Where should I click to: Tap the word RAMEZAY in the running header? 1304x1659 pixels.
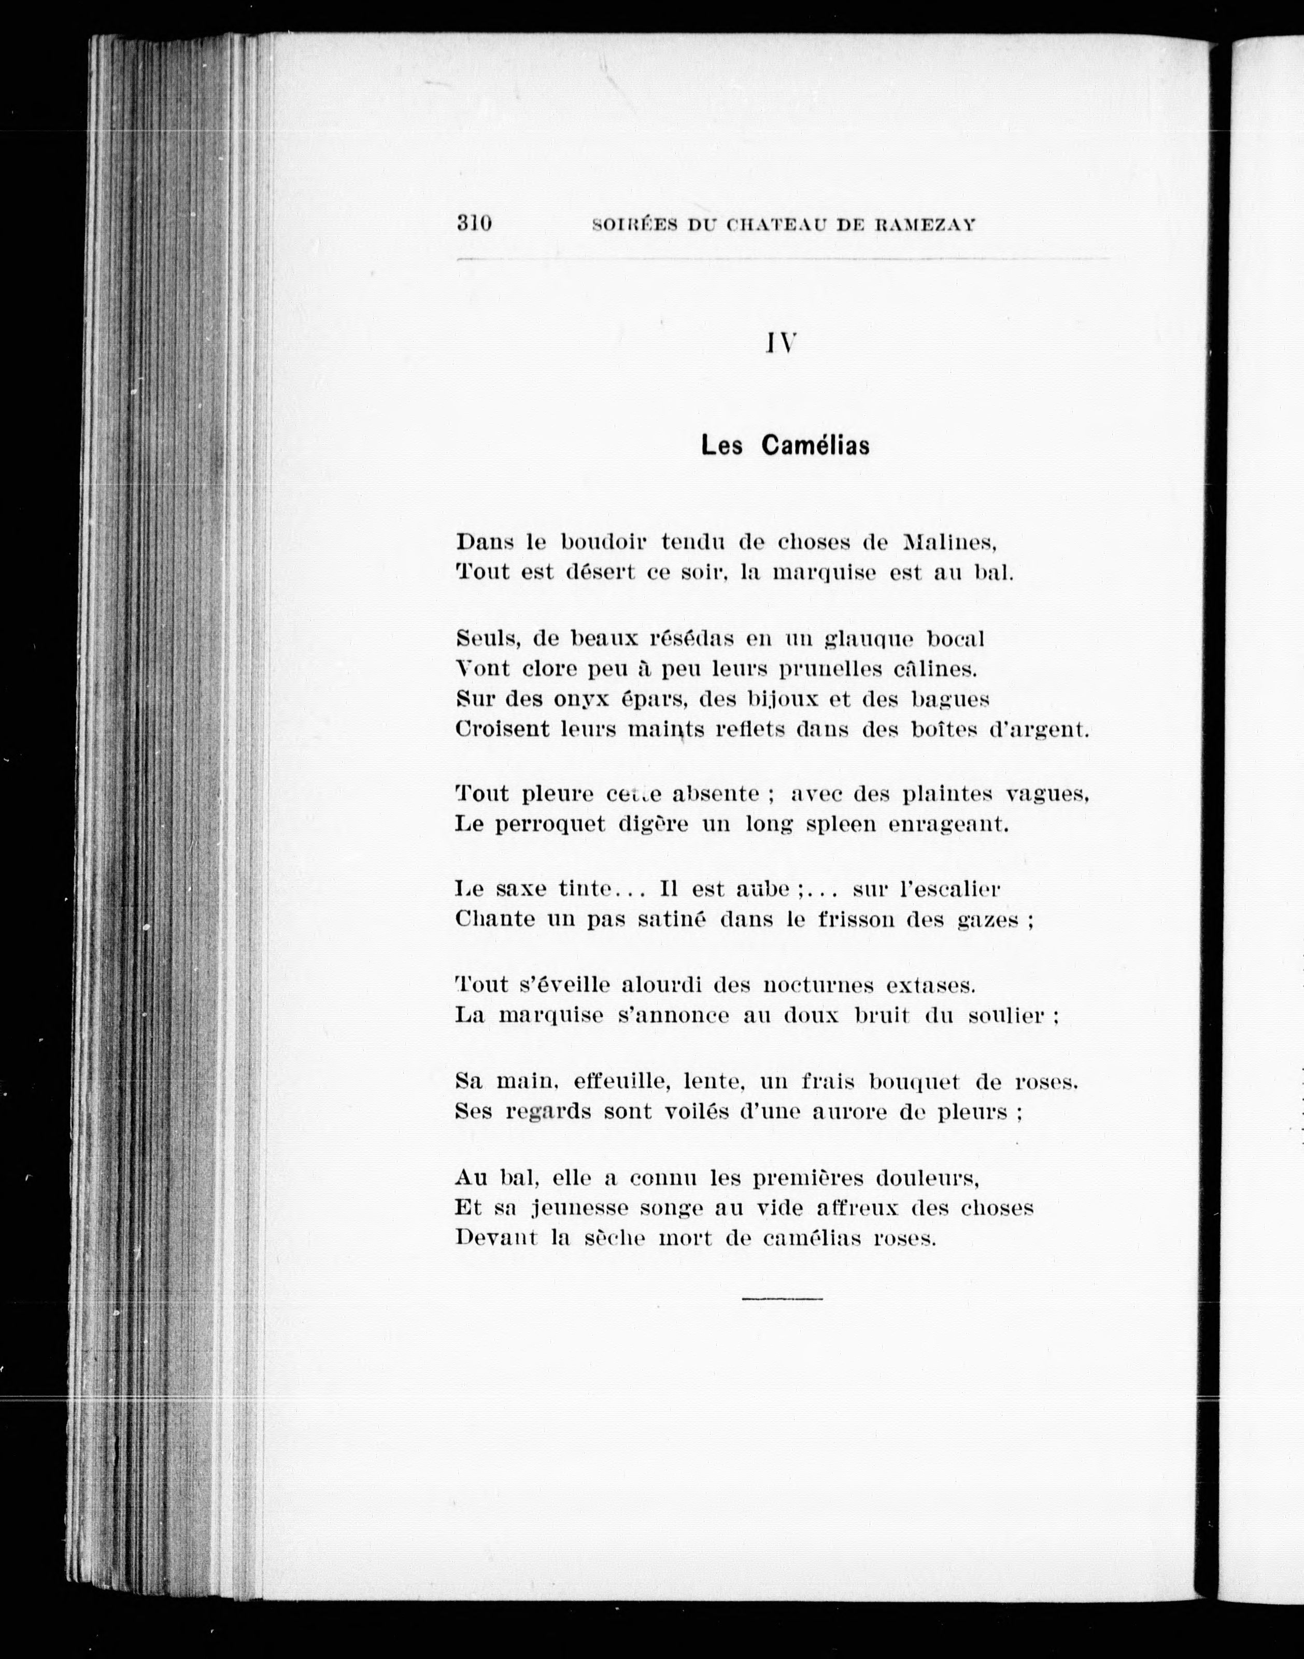[x=925, y=226]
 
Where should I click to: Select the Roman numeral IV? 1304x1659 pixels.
[x=782, y=344]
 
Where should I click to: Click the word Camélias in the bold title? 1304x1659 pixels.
[x=815, y=445]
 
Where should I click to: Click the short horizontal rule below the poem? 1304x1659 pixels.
[x=782, y=1299]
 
